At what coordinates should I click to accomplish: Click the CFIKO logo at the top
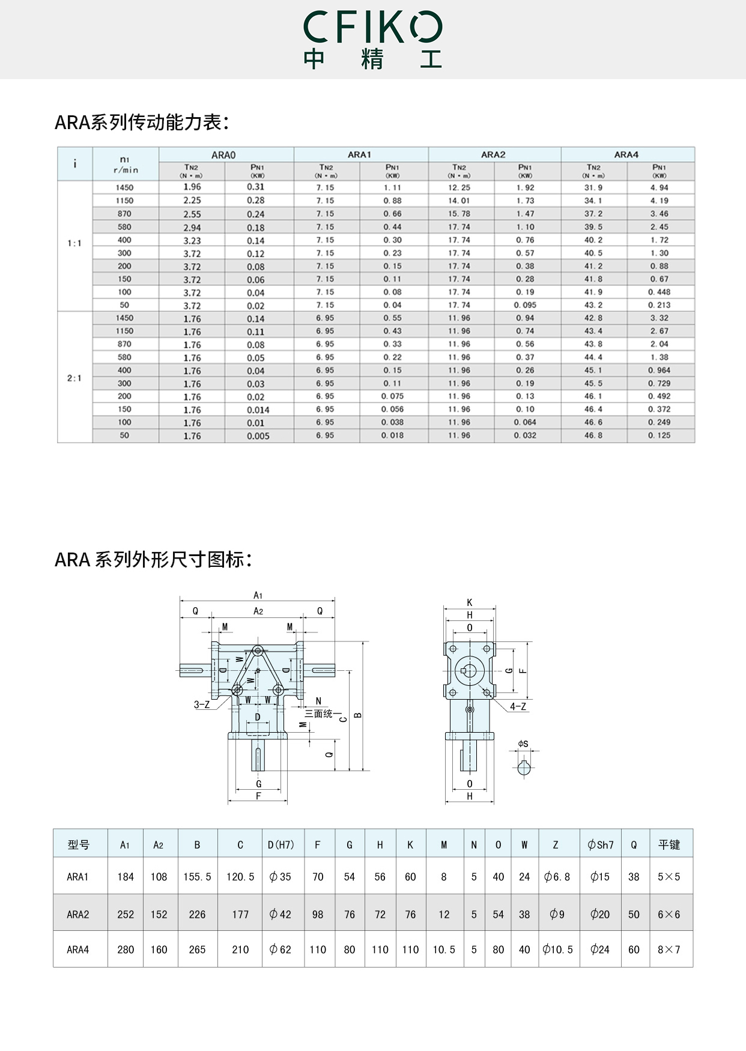tap(372, 39)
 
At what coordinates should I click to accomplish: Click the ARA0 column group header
tap(223, 155)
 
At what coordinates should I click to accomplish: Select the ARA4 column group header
tap(626, 154)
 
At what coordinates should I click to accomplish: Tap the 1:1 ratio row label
tap(74, 243)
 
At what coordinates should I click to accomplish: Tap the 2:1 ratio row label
tap(74, 378)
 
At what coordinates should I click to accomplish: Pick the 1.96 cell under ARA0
tap(192, 187)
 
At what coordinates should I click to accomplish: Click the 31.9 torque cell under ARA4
tap(593, 187)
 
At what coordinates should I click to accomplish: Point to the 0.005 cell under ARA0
tap(258, 436)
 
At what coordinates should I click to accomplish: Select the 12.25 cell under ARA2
tap(459, 187)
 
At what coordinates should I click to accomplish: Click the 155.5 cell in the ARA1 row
tap(197, 877)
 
